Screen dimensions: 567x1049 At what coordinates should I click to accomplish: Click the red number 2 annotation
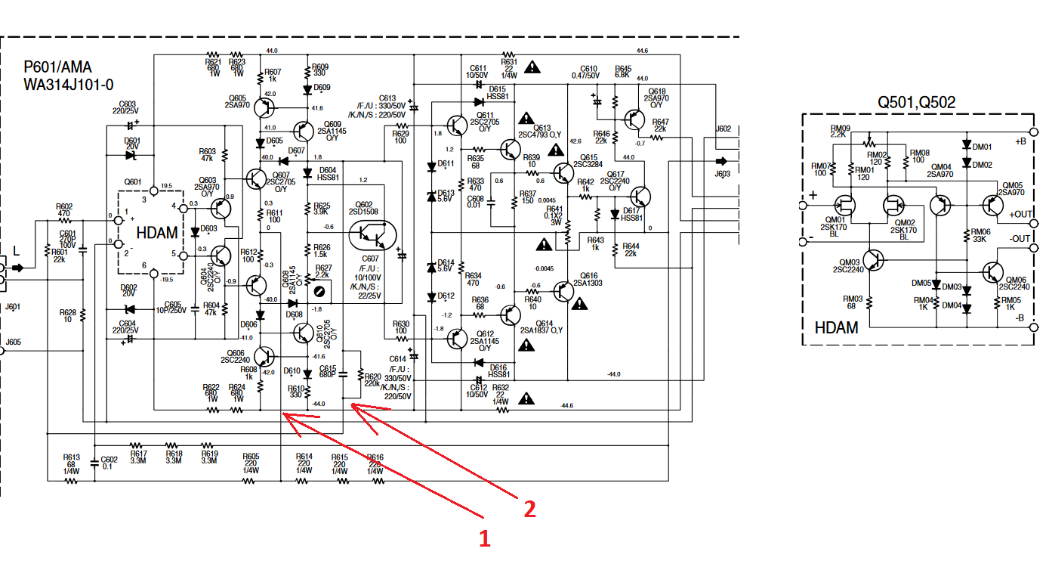click(529, 509)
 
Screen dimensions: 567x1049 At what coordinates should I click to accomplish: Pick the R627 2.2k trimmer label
click(322, 271)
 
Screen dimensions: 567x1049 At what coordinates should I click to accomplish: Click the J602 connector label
click(723, 129)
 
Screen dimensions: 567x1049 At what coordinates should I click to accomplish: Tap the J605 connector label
click(14, 342)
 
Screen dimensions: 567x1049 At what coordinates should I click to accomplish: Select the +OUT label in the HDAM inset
click(1020, 214)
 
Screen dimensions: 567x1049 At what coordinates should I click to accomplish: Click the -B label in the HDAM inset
click(1020, 318)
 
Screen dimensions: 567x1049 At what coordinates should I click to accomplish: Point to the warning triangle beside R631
click(533, 67)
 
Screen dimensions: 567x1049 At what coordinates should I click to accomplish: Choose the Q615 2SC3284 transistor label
click(587, 161)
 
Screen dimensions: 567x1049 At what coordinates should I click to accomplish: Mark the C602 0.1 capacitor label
click(109, 463)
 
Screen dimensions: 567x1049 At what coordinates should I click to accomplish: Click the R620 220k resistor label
click(372, 380)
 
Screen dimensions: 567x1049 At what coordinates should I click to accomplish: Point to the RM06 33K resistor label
click(980, 235)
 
